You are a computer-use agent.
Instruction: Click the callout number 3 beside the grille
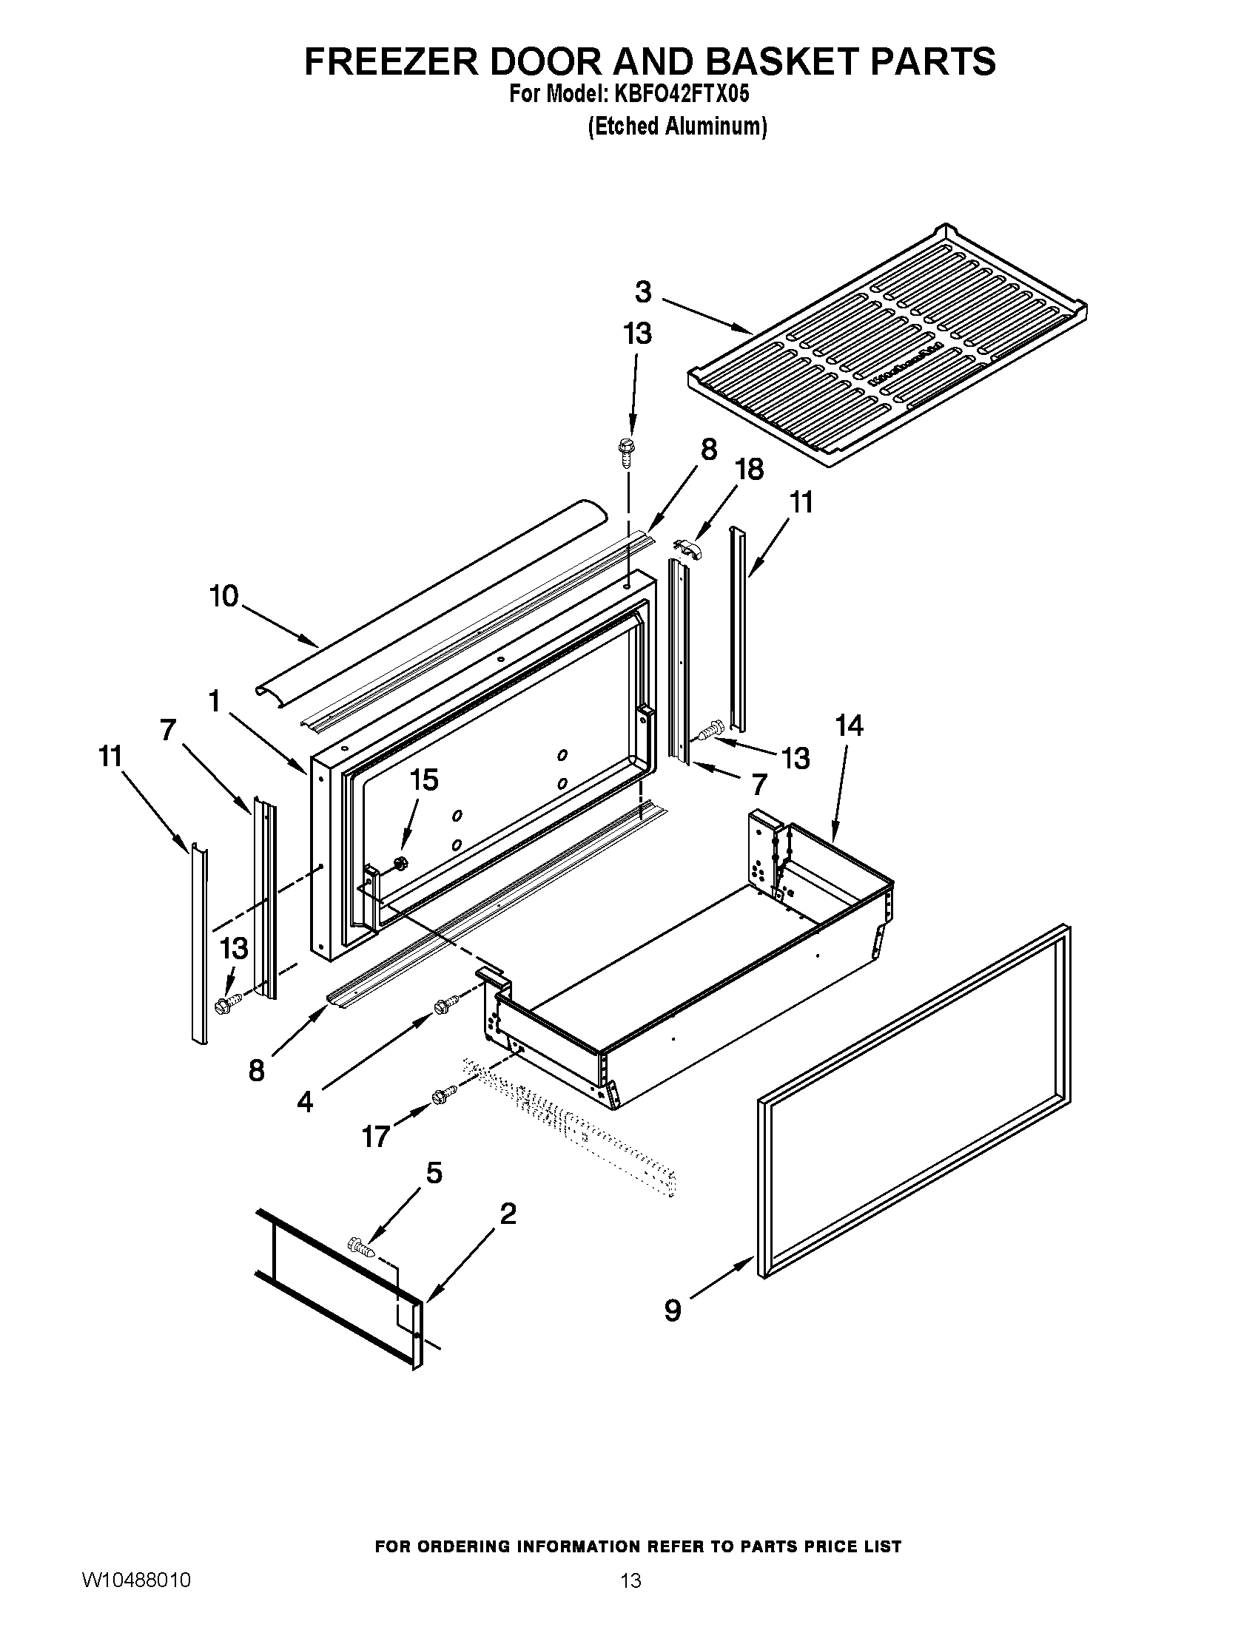(x=643, y=292)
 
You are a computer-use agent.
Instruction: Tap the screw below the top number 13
(x=625, y=451)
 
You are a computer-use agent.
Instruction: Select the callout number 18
(x=749, y=470)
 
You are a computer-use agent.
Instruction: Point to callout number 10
(x=223, y=596)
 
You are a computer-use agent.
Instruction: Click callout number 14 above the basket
(x=849, y=725)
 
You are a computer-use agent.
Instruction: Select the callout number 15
(x=424, y=780)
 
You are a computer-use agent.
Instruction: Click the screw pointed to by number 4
(x=443, y=1006)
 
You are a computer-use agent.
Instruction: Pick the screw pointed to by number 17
(x=443, y=1094)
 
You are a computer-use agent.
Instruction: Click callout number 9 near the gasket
(x=672, y=1310)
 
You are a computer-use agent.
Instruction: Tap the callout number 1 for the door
(x=215, y=701)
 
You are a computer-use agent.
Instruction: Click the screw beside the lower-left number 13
(x=226, y=1004)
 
